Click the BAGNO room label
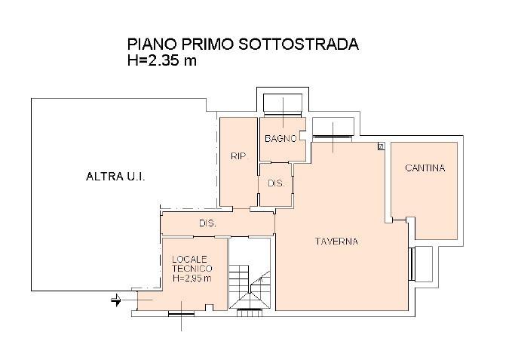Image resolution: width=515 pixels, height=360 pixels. [280, 138]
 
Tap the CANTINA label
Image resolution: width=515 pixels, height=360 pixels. [425, 168]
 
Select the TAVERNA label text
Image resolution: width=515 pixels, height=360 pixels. [336, 242]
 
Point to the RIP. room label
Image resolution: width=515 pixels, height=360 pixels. [239, 156]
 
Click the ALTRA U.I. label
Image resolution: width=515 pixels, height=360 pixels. [115, 177]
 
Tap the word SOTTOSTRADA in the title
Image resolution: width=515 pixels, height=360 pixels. [299, 44]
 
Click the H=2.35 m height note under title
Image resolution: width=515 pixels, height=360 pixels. [162, 60]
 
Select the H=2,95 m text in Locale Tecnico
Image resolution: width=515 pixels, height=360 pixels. [192, 278]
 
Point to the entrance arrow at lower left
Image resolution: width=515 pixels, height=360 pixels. [116, 300]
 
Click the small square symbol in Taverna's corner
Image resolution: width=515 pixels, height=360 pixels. [381, 146]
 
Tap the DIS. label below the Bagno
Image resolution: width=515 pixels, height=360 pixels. [276, 183]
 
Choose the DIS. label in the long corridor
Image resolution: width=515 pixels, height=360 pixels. [207, 223]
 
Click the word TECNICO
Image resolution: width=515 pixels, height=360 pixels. [192, 268]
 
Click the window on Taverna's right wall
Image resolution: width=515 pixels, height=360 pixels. [411, 264]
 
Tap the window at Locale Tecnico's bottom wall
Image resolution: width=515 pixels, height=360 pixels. [181, 314]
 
